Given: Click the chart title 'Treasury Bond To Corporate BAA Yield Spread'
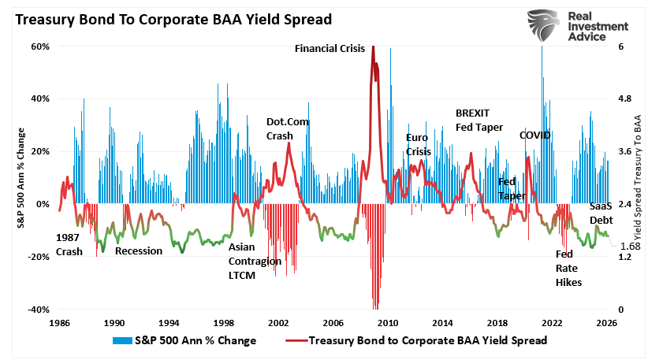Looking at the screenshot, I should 170,18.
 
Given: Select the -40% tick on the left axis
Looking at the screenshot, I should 39,310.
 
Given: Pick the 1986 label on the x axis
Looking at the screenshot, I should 59,323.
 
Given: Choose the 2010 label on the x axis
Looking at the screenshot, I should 386,323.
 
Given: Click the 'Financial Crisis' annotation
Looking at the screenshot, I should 330,49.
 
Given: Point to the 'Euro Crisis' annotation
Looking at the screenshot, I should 419,144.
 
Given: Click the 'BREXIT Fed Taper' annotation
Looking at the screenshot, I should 479,120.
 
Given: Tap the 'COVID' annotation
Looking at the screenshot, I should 534,135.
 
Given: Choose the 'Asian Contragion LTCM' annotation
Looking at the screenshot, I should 254,260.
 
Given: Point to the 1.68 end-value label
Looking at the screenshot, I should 629,247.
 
